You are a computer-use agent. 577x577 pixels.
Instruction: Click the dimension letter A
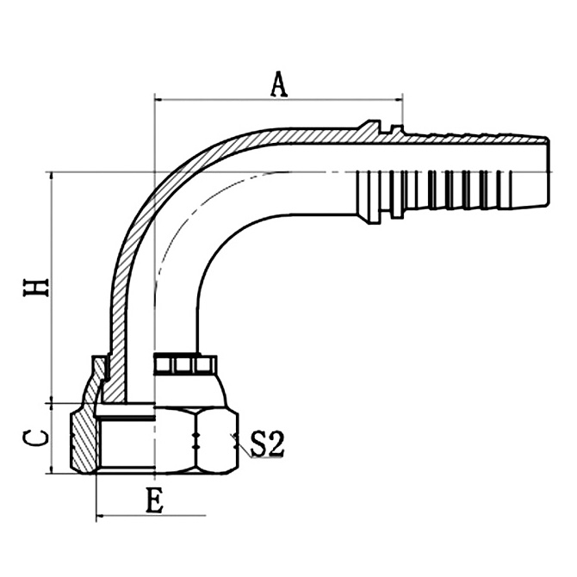tap(278, 84)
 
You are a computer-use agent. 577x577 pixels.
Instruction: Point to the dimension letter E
tap(154, 501)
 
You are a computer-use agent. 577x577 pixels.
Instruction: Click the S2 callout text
tap(267, 444)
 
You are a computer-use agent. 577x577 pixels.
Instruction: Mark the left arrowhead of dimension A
tap(158, 101)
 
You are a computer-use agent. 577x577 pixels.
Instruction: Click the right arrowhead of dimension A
tap(399, 101)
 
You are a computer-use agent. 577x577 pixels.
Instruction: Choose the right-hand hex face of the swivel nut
tap(217, 440)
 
